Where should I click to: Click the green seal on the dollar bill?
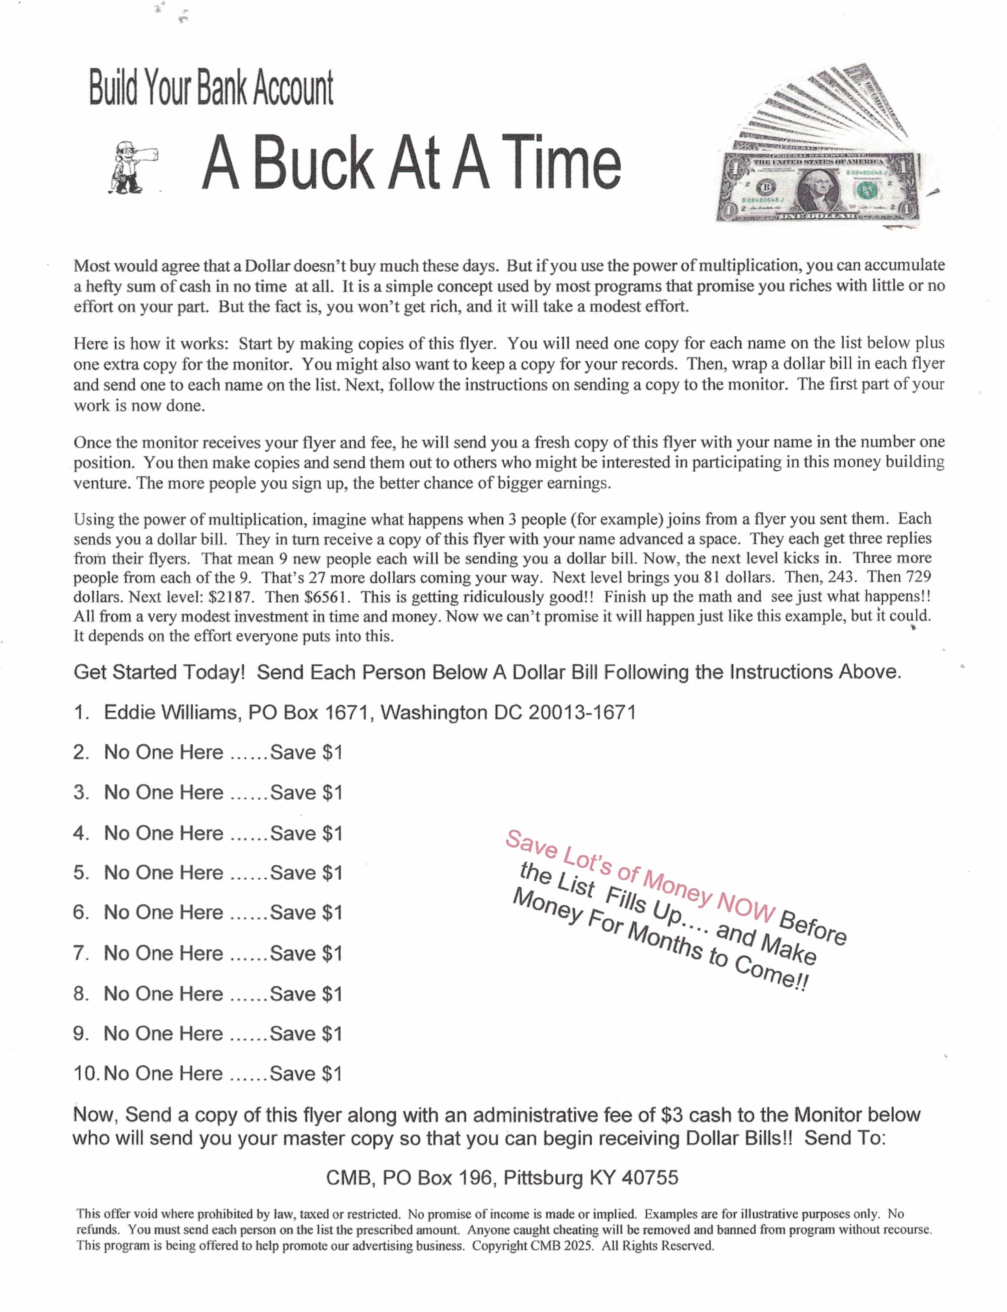865,191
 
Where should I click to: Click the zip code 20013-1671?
581,712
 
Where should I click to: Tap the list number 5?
80,872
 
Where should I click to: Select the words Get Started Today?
159,672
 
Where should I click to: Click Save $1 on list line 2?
306,752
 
